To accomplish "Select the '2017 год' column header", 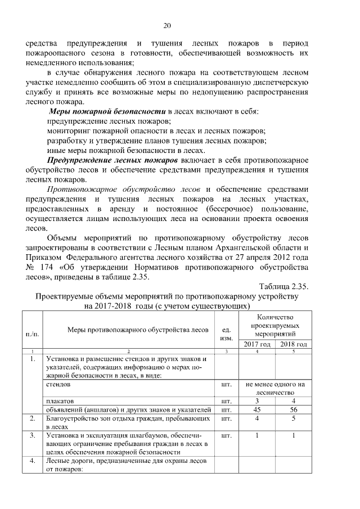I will coord(256,344).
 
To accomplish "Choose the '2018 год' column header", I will coord(293,344).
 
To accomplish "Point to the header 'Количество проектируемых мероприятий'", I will coord(275,326).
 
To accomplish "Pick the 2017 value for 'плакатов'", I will coord(256,401).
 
